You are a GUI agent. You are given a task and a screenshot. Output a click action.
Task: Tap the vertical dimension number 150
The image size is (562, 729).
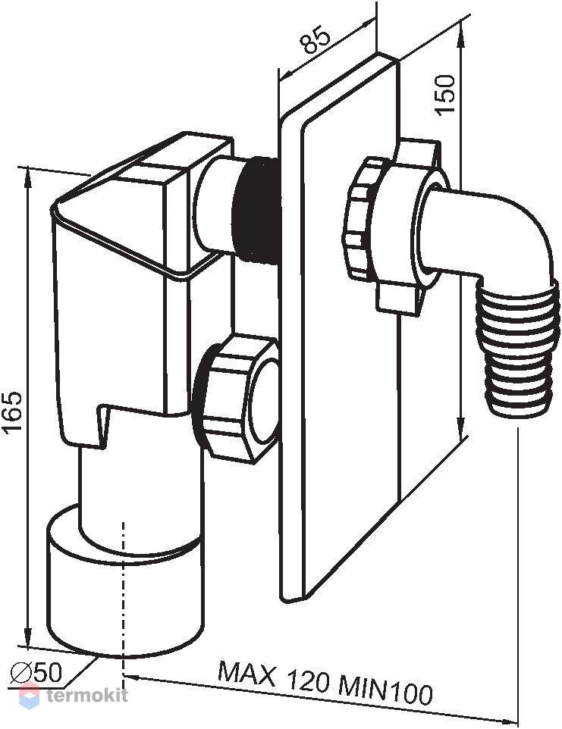[x=444, y=93]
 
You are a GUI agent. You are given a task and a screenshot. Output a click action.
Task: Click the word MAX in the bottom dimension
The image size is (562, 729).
[x=246, y=674]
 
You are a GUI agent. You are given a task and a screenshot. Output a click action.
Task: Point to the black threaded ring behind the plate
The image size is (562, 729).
[x=256, y=210]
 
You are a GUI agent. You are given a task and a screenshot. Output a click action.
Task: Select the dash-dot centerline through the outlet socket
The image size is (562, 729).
[x=124, y=599]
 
